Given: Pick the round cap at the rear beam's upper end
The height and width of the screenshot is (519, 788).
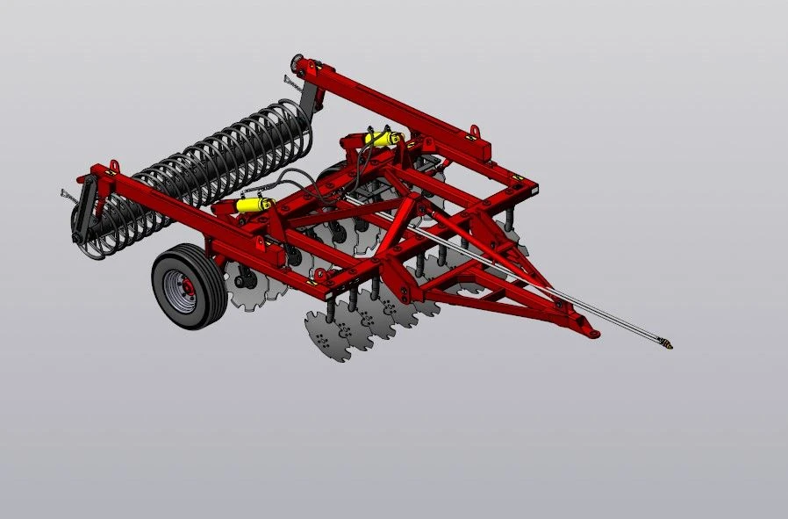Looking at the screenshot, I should pyautogui.click(x=299, y=64).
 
